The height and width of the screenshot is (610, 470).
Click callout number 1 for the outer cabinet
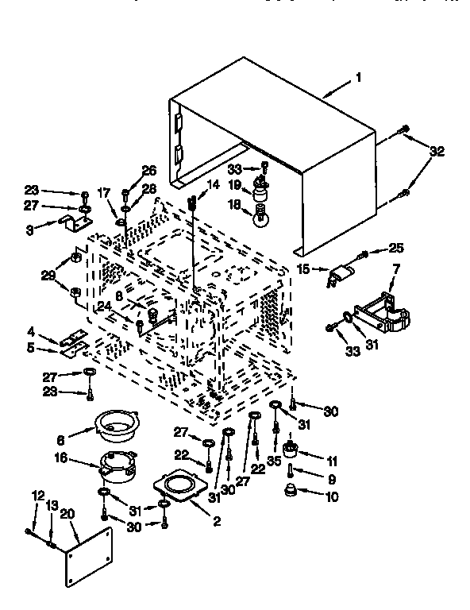[358, 78]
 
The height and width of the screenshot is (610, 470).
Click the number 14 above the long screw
[212, 185]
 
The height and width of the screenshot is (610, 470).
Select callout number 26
[149, 170]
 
